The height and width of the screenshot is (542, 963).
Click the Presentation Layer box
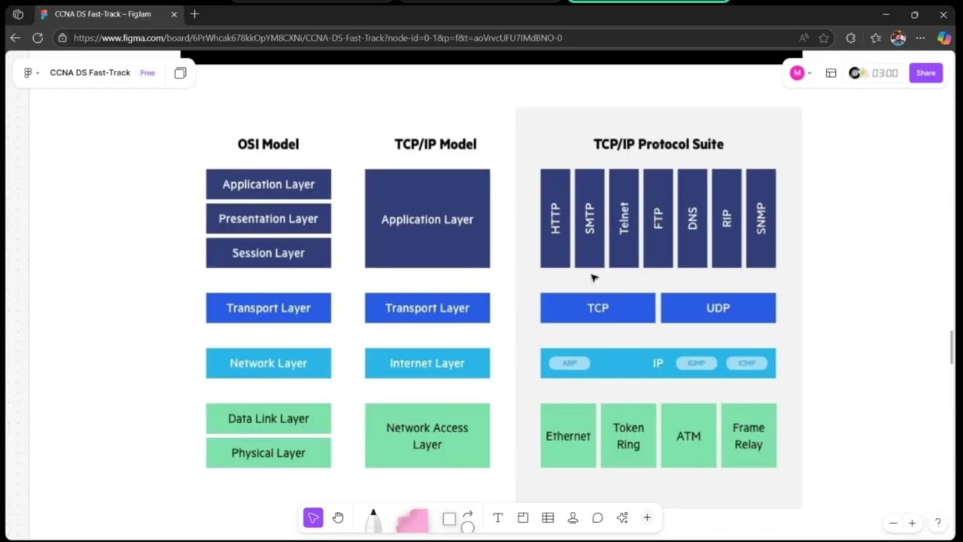click(x=268, y=218)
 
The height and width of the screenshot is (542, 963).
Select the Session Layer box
click(x=268, y=253)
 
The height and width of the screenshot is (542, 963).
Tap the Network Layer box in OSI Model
click(x=268, y=363)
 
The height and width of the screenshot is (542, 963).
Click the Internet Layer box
click(x=427, y=363)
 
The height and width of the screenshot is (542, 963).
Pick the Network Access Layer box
click(x=427, y=435)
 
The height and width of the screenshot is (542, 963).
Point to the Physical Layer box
click(x=268, y=452)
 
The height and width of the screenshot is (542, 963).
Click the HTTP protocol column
click(x=555, y=218)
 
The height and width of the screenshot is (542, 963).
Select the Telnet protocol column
click(x=624, y=218)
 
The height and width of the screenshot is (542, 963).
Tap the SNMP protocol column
click(x=761, y=218)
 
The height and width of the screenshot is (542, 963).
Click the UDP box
click(x=718, y=308)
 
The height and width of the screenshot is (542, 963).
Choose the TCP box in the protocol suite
click(x=597, y=308)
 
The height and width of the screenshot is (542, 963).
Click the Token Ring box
click(x=628, y=435)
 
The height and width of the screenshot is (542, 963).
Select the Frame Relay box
click(x=748, y=435)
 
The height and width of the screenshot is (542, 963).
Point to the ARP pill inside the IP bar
click(x=570, y=363)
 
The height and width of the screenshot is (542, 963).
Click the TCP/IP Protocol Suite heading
click(x=658, y=144)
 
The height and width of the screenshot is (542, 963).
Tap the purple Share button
click(x=925, y=73)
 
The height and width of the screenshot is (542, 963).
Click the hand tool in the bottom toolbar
click(x=338, y=518)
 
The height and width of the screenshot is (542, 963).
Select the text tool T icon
click(x=497, y=518)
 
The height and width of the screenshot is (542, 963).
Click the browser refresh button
click(x=38, y=38)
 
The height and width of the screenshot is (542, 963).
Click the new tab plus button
click(x=194, y=14)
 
